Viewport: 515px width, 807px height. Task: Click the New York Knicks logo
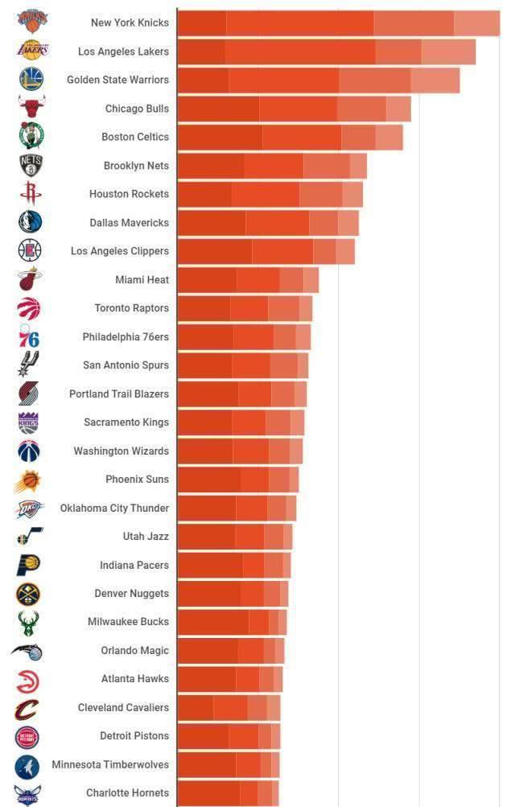tap(32, 22)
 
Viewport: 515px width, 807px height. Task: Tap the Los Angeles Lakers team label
tap(123, 51)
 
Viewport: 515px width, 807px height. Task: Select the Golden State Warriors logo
tap(31, 79)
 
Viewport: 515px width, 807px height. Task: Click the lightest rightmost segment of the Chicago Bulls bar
tap(398, 109)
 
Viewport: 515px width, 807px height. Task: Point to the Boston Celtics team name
tap(135, 137)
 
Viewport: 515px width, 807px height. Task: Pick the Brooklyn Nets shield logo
tap(31, 166)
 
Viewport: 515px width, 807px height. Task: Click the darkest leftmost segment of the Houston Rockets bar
tap(204, 194)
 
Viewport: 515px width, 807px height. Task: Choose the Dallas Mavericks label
tap(129, 223)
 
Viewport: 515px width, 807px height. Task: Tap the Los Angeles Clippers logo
tap(30, 251)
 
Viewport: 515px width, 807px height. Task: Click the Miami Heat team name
tap(142, 280)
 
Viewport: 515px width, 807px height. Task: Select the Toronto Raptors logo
tap(28, 308)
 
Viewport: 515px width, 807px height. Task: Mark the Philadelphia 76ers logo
tap(29, 336)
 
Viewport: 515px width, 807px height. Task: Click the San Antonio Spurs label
tap(126, 365)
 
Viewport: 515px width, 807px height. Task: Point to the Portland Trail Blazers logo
tap(29, 393)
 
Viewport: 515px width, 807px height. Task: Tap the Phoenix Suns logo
tap(27, 480)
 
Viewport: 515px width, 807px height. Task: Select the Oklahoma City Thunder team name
tap(114, 508)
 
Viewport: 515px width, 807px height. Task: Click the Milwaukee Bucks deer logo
tap(29, 622)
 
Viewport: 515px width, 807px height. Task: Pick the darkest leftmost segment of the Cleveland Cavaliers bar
tap(196, 708)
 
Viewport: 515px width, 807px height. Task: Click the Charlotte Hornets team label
tap(127, 793)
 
